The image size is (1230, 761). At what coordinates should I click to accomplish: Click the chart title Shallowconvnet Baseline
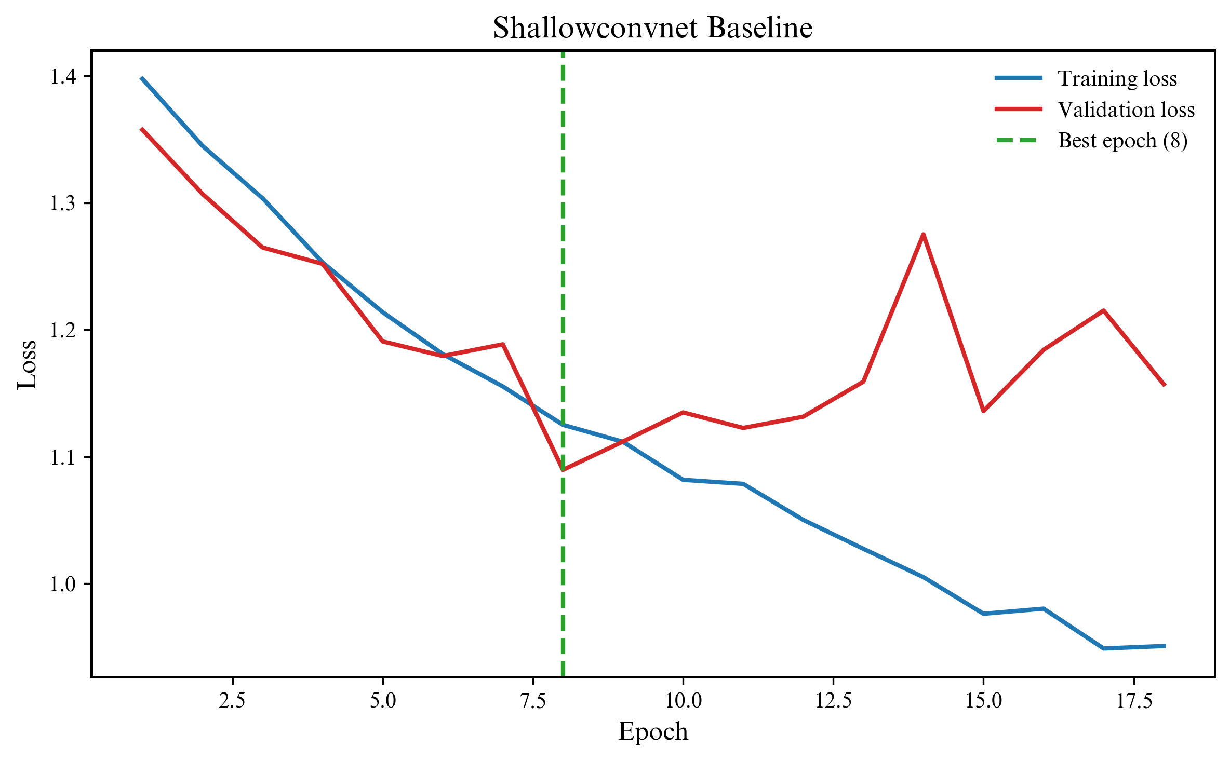(x=652, y=28)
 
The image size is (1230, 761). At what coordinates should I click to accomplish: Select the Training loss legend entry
(x=1117, y=78)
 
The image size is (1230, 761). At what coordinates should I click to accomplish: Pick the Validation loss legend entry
(x=1126, y=110)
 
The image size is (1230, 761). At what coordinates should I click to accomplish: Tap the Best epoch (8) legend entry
(x=1122, y=140)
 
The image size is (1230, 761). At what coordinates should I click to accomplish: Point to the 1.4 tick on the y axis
(x=63, y=77)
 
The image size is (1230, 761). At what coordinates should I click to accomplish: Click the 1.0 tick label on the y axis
(x=63, y=584)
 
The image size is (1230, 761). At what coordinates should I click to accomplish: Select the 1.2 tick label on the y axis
(x=63, y=330)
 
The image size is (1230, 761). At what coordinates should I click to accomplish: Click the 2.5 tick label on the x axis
(x=232, y=701)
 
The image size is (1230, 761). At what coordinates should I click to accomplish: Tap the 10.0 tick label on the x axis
(x=683, y=701)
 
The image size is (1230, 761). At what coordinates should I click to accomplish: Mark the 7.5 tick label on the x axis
(x=533, y=701)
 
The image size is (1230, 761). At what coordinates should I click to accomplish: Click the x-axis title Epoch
(x=653, y=732)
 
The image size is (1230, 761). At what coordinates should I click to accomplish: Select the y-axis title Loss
(x=27, y=364)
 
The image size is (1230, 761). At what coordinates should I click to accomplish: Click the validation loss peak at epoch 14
(x=923, y=235)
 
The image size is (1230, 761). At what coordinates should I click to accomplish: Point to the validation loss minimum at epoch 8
(x=563, y=470)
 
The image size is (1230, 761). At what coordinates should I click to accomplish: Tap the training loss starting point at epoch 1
(x=142, y=78)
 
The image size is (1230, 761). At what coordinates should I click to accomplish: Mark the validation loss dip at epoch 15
(x=983, y=411)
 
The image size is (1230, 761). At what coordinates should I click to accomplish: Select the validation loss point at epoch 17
(x=1103, y=310)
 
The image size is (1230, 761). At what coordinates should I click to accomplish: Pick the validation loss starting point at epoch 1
(x=142, y=128)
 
